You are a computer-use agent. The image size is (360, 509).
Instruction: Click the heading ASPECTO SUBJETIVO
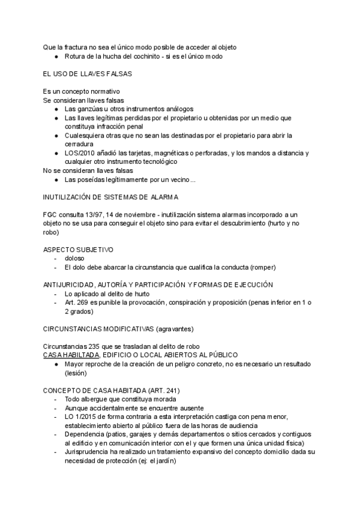tap(78, 248)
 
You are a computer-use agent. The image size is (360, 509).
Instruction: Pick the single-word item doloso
tap(74, 258)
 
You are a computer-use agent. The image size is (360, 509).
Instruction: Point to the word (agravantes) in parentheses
tap(175, 329)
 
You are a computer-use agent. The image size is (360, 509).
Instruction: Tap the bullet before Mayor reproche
tap(56, 364)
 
